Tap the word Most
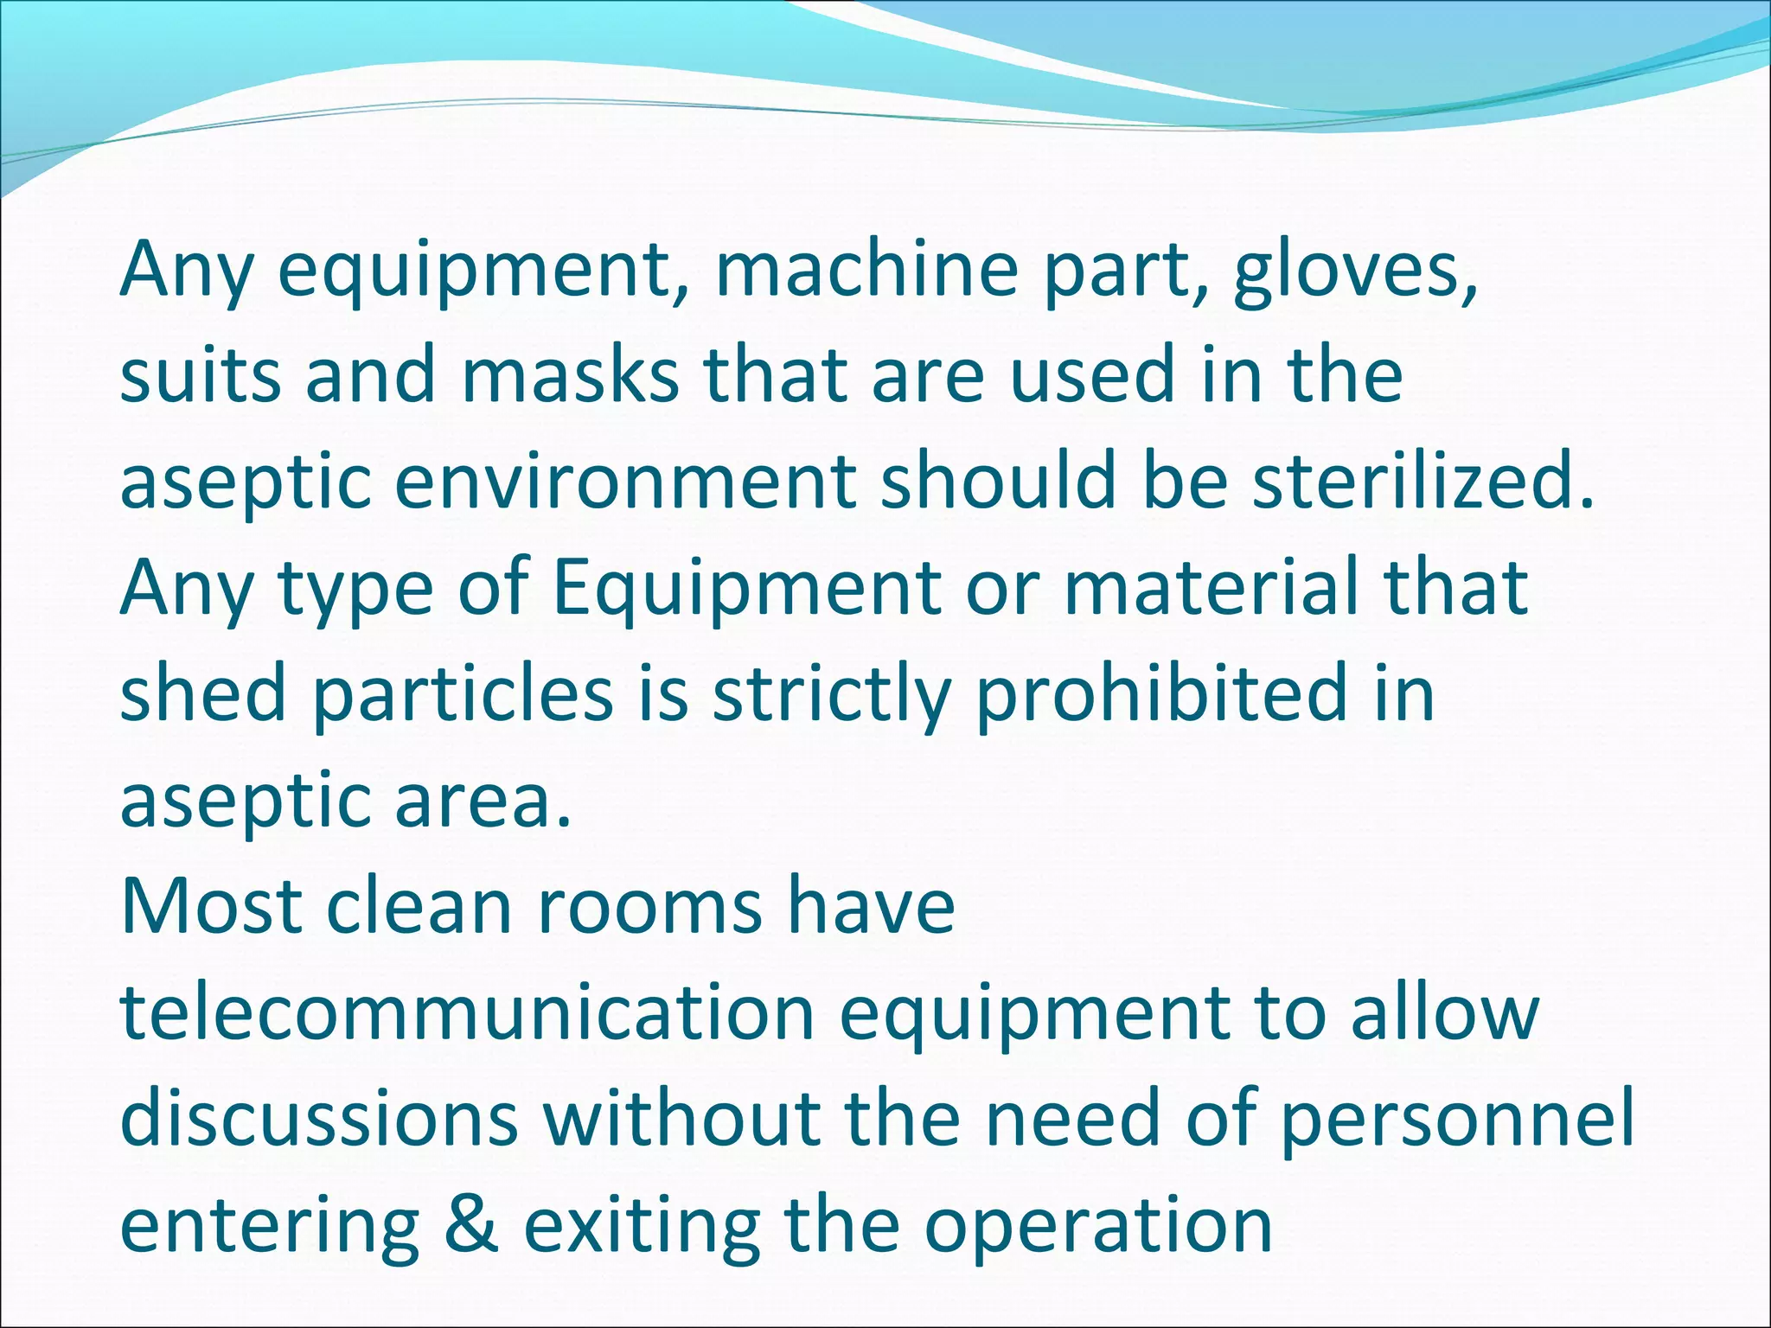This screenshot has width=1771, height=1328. coord(212,907)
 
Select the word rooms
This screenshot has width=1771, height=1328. coord(649,907)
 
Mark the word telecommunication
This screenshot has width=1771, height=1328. coord(467,1013)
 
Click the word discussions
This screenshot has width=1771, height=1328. coord(319,1120)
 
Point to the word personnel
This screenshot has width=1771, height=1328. coord(1456,1120)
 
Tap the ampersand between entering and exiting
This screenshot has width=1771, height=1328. coord(472,1226)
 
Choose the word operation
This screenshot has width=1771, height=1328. coord(1098,1226)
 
